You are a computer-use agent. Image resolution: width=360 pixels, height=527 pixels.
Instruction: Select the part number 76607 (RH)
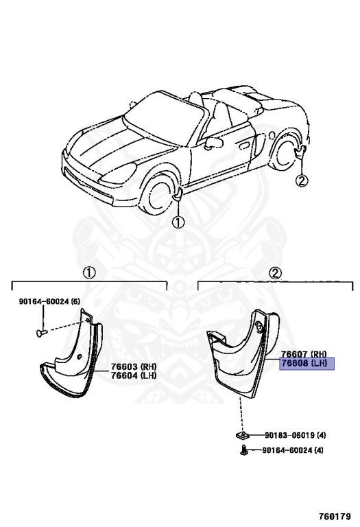tap(304, 354)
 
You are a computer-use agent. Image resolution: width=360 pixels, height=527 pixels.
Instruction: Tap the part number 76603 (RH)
tap(134, 366)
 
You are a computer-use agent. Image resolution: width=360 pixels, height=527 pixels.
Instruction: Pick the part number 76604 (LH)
tap(134, 375)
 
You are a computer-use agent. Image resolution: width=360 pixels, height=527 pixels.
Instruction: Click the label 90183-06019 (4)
tap(295, 435)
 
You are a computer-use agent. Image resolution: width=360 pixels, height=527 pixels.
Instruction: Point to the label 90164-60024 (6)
tap(49, 301)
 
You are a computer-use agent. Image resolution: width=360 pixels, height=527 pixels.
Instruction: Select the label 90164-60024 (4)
tap(293, 449)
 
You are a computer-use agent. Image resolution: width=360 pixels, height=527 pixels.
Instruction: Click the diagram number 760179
tap(335, 516)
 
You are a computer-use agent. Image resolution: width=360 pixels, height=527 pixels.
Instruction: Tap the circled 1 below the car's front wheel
tap(178, 222)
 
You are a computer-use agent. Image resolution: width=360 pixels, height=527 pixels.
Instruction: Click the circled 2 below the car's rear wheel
tap(301, 181)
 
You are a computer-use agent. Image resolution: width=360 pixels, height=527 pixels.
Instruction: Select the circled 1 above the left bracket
tap(89, 273)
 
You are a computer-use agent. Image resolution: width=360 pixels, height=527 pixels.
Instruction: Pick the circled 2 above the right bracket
tap(276, 273)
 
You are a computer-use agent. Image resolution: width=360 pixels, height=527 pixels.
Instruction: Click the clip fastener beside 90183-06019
tap(241, 436)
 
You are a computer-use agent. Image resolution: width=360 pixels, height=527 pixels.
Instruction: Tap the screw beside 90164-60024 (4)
tap(244, 450)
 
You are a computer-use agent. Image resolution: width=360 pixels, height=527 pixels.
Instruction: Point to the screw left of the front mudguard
tap(42, 332)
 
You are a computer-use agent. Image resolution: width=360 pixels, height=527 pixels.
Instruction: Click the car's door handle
tap(243, 145)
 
